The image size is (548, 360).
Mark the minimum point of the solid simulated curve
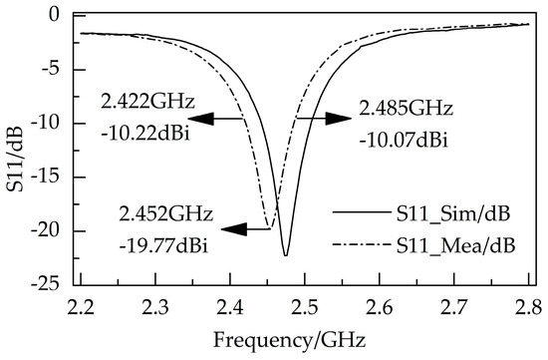[x=286, y=256]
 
